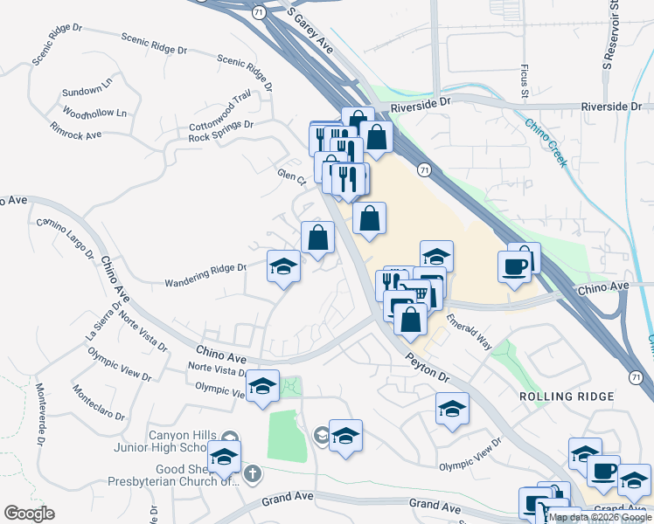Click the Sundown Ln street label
pyautogui.click(x=87, y=88)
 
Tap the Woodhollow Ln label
pyautogui.click(x=95, y=113)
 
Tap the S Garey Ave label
pyautogui.click(x=311, y=31)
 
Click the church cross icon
pyautogui.click(x=252, y=474)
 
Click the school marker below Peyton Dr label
pyautogui.click(x=452, y=408)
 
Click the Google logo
pyautogui.click(x=29, y=514)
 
